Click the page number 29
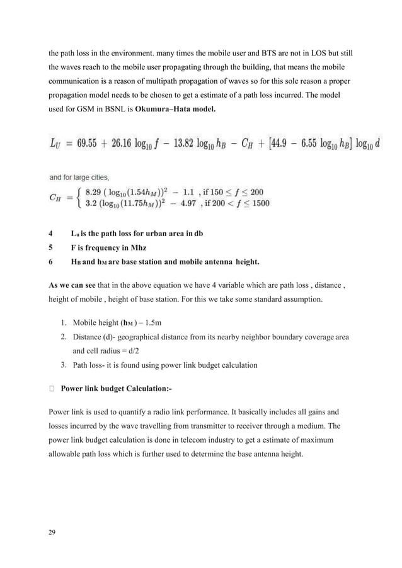click(x=52, y=533)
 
